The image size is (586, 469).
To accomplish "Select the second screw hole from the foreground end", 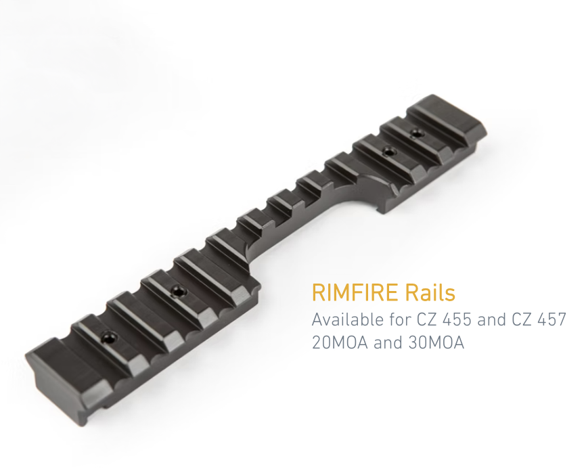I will click(178, 292).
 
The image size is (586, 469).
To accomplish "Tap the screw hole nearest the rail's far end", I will click(415, 135).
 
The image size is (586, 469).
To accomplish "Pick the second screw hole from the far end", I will click(388, 152).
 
